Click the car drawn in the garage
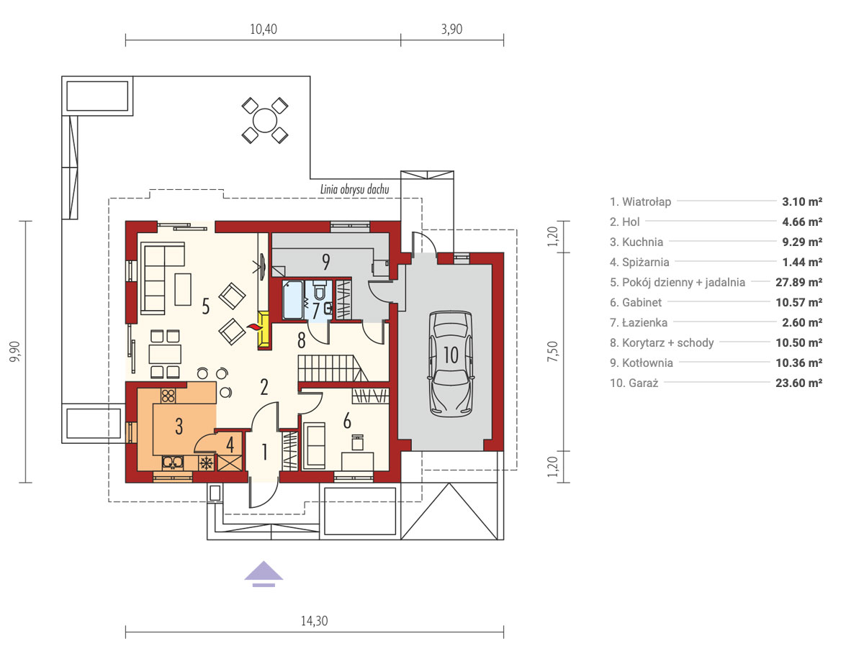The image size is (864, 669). coord(451,363)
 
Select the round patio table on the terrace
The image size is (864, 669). coord(265,120)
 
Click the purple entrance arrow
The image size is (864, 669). coord(264,574)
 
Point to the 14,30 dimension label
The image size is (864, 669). coord(314,621)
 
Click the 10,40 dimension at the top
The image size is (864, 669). coord(264,29)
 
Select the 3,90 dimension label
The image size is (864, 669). coord(451,29)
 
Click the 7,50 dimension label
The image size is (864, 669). coord(553,352)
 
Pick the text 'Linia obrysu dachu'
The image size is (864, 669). coord(355,189)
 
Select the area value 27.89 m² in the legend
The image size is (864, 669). coord(798,283)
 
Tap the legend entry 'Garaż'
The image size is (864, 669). coord(634,383)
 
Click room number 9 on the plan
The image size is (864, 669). coord(326,262)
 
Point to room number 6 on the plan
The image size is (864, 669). coord(347,421)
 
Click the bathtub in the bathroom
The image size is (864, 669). coord(293,300)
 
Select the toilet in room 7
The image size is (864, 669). coord(320,290)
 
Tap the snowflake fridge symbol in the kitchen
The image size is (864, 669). coord(207,463)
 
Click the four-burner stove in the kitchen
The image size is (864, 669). coord(168,396)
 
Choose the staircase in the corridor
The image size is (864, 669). coord(333,368)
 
